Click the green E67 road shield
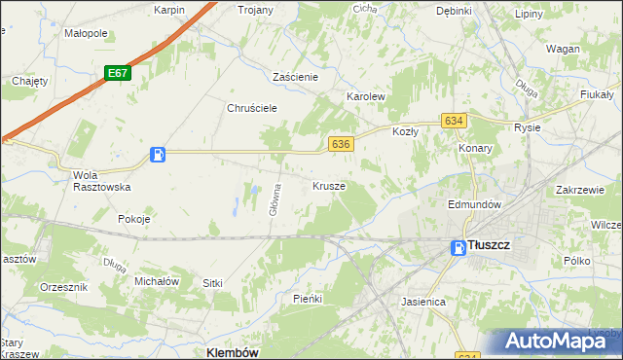click(x=118, y=73)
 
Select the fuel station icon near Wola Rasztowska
click(x=158, y=154)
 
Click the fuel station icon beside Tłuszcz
click(x=458, y=248)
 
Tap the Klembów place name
click(x=232, y=353)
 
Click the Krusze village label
click(x=329, y=185)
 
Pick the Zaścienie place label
click(x=303, y=76)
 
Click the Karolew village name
click(x=367, y=97)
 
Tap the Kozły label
click(x=405, y=130)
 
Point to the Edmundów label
click(x=474, y=205)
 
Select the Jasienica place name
click(x=423, y=302)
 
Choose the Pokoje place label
click(x=134, y=219)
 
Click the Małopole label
click(x=86, y=33)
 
